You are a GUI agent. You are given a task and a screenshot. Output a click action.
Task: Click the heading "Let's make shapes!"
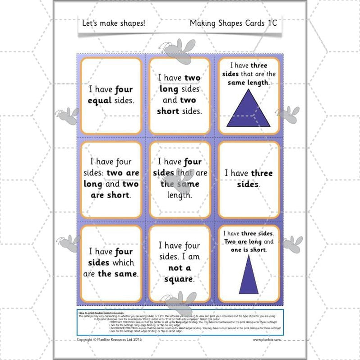click(x=114, y=23)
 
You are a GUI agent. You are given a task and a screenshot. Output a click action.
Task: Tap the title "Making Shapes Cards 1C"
click(x=233, y=23)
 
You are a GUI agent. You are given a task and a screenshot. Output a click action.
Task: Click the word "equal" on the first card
click(x=100, y=100)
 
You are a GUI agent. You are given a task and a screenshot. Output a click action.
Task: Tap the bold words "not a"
click(x=180, y=268)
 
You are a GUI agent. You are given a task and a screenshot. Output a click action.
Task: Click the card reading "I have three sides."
click(x=249, y=180)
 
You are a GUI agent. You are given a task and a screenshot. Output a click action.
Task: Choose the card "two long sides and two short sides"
click(x=180, y=95)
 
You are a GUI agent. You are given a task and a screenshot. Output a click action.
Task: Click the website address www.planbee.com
click(x=267, y=340)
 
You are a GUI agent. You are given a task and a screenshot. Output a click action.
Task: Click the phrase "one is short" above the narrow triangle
click(x=247, y=249)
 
